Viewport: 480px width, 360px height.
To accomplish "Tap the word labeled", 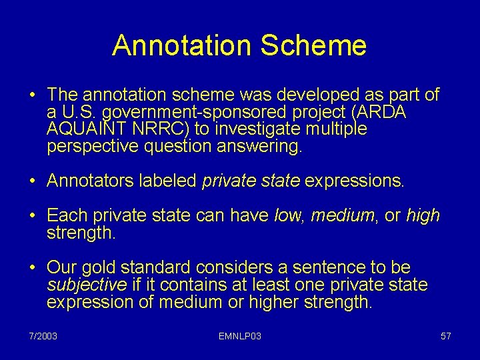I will pos(173,181).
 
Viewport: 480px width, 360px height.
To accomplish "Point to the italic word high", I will pos(423,215).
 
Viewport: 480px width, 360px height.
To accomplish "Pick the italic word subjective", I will pos(87,285).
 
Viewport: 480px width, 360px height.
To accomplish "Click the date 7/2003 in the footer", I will pos(43,336).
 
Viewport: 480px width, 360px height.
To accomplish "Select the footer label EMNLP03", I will pos(239,336).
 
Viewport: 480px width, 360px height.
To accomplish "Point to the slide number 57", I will pos(446,336).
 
